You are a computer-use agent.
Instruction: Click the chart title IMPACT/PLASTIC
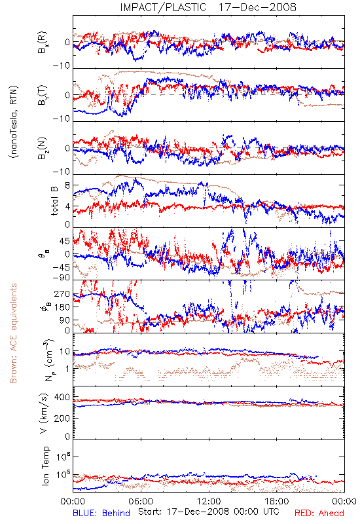[x=163, y=7]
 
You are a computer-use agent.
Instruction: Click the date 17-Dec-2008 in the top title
[x=257, y=7]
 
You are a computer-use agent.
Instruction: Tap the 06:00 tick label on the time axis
[x=141, y=501]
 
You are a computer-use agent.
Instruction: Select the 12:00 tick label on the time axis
[x=209, y=501]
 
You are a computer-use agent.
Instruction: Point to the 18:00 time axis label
[x=277, y=501]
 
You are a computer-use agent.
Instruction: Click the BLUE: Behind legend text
[x=101, y=513]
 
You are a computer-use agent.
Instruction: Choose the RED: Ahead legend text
[x=319, y=513]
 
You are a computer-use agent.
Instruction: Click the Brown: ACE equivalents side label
[x=13, y=333]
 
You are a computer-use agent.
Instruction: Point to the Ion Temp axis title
[x=45, y=466]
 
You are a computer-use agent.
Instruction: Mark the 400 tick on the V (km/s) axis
[x=62, y=398]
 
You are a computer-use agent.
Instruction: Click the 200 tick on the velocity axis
[x=62, y=418]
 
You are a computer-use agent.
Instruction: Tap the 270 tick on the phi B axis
[x=62, y=294]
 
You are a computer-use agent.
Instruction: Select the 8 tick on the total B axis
[x=67, y=185]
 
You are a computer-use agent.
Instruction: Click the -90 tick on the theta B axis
[x=62, y=278]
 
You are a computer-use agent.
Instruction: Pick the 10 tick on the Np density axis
[x=65, y=352]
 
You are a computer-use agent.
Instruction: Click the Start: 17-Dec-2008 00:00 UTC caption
[x=209, y=512]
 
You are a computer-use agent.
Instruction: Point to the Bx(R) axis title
[x=43, y=43]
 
